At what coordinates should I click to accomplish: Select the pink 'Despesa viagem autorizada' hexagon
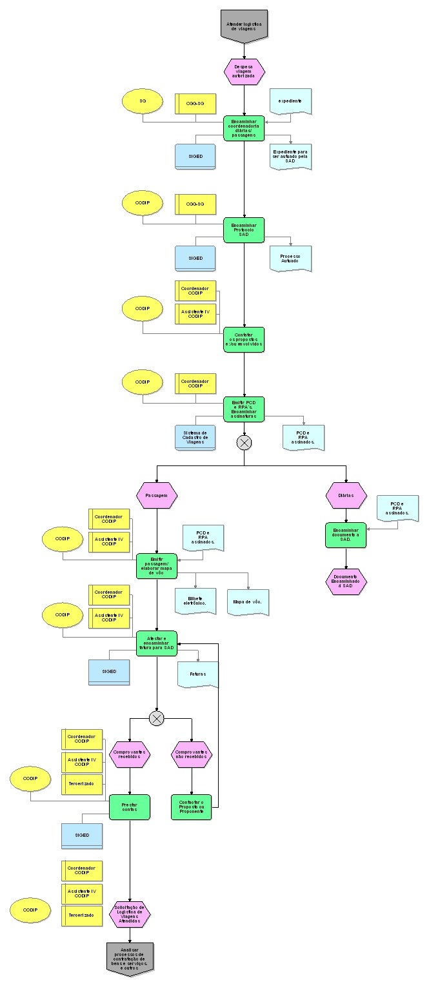tap(244, 72)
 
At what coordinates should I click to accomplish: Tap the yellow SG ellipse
tap(143, 102)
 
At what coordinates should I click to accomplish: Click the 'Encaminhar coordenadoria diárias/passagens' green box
tap(244, 128)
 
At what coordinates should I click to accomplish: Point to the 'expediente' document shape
tap(290, 102)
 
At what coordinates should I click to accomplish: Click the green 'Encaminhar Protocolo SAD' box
tap(244, 230)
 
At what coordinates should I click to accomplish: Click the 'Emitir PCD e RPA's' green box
tap(244, 409)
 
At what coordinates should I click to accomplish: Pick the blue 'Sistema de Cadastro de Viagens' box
tap(195, 437)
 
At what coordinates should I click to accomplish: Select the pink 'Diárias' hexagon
tap(346, 495)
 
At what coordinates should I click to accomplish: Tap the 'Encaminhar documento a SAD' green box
tap(346, 535)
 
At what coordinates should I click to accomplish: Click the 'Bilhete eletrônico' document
tap(195, 601)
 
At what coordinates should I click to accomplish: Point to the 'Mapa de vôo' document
tap(248, 601)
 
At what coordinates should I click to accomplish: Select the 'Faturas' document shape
tap(198, 674)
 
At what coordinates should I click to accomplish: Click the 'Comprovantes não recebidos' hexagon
tap(192, 754)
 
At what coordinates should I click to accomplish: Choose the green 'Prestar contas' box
tap(130, 806)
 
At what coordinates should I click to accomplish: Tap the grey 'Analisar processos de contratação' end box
tap(130, 958)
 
